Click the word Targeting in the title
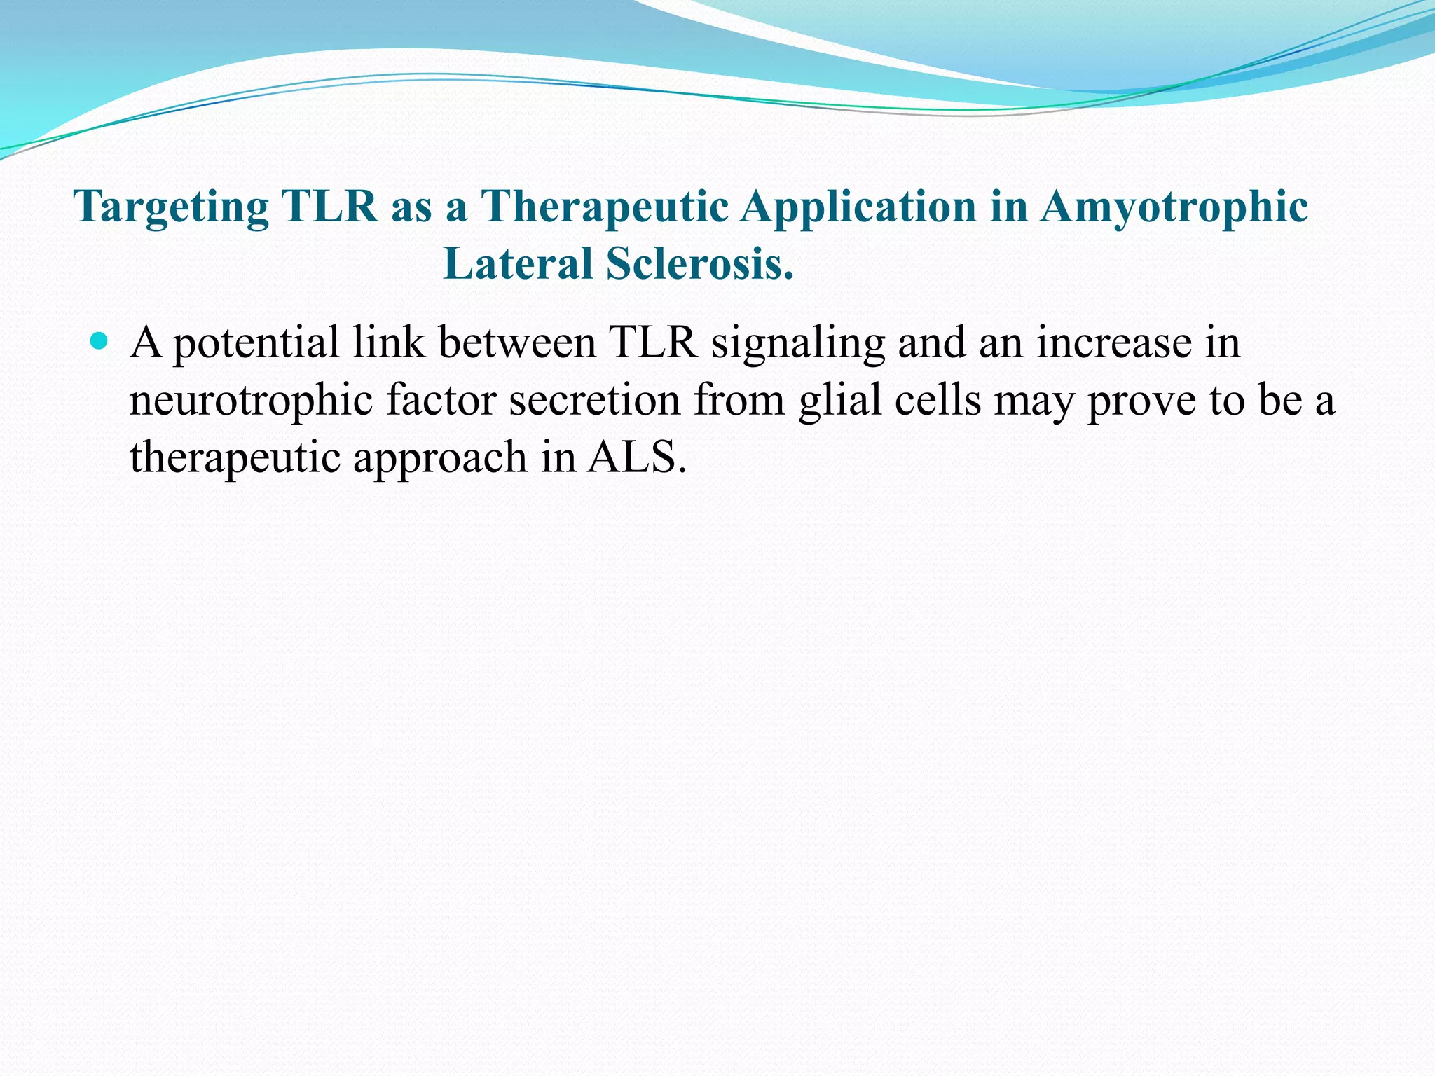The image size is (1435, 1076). (171, 208)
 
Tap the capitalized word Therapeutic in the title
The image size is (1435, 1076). (604, 208)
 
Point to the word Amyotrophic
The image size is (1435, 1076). (1174, 208)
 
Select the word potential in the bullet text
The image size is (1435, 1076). (256, 344)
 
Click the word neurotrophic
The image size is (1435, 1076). (251, 401)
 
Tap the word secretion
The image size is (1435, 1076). (594, 400)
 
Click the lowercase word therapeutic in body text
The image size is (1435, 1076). (235, 458)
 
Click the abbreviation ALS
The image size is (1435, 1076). (636, 457)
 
